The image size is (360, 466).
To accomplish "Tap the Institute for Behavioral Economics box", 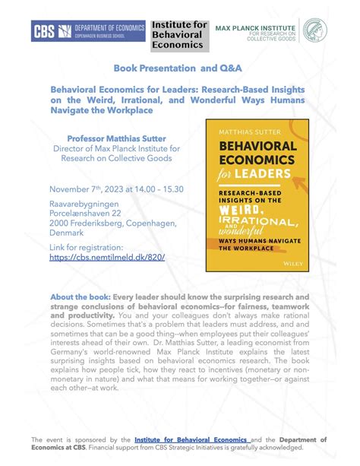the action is coord(178,33).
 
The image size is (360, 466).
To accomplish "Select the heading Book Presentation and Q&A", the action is coord(178,68).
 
